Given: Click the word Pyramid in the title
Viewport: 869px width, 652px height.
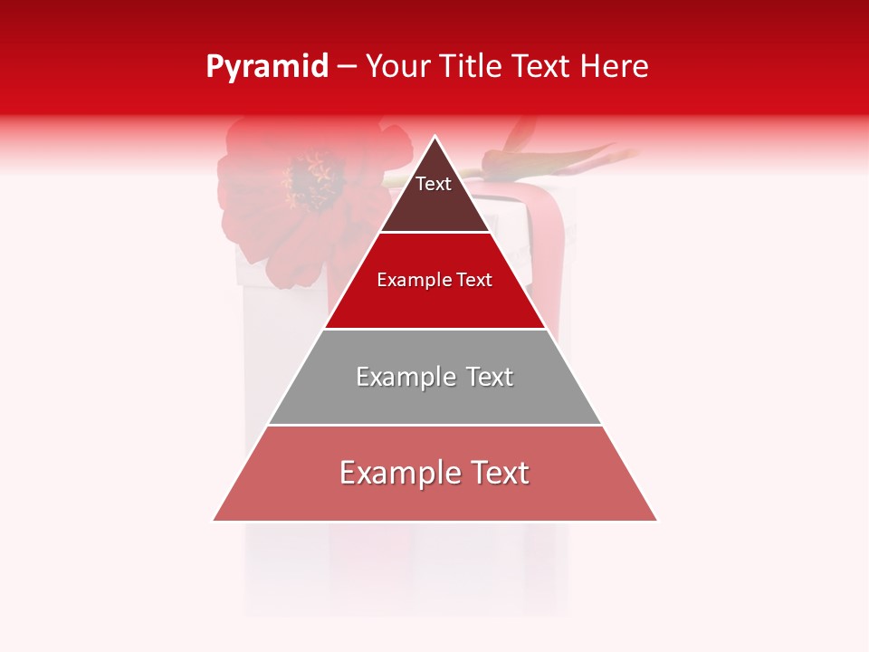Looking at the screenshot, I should pyautogui.click(x=266, y=67).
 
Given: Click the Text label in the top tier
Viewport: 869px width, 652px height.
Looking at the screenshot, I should pyautogui.click(x=433, y=184).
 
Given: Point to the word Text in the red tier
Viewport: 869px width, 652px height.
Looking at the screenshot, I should pyautogui.click(x=473, y=281).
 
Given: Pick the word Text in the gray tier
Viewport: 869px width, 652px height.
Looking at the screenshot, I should pyautogui.click(x=491, y=377).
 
